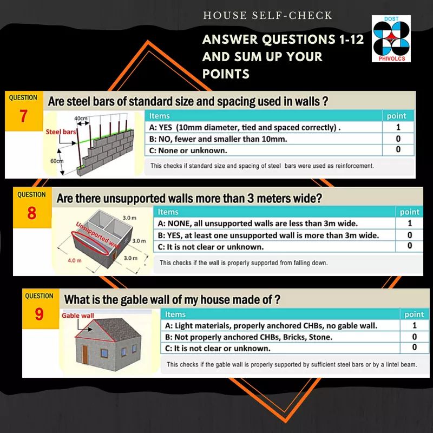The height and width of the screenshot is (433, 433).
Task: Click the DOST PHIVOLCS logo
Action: coord(391,38)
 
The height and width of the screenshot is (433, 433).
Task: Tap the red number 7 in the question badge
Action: coord(23,116)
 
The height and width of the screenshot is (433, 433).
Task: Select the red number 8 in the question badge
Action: coord(32,213)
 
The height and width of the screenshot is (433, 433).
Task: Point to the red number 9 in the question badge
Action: coord(39,314)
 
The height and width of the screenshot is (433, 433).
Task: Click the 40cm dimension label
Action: coord(81,118)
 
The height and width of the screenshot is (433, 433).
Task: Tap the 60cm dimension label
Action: coord(57,161)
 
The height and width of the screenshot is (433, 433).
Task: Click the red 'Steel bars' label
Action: coord(61,132)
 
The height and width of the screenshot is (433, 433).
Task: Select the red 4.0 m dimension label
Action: coord(75,260)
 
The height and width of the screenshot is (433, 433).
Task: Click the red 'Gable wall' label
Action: coord(77,316)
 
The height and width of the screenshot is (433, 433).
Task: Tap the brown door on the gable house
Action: coord(85,355)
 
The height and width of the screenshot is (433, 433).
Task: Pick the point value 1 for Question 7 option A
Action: coord(398,127)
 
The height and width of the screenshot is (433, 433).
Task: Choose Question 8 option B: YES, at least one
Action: coord(268,235)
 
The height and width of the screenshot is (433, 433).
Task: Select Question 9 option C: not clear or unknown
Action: coord(218,348)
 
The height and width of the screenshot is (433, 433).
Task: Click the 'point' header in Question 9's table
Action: coord(414,314)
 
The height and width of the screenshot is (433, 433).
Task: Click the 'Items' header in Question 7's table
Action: coord(159,116)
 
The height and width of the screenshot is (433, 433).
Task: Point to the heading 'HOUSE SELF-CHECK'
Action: coord(267,16)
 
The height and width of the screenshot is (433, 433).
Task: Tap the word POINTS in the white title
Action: coord(226,74)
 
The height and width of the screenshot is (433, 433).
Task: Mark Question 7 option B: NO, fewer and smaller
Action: coord(218,139)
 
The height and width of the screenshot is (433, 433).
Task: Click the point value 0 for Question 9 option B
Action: coord(414,337)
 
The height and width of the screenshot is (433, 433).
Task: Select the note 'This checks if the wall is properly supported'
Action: coord(244,263)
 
